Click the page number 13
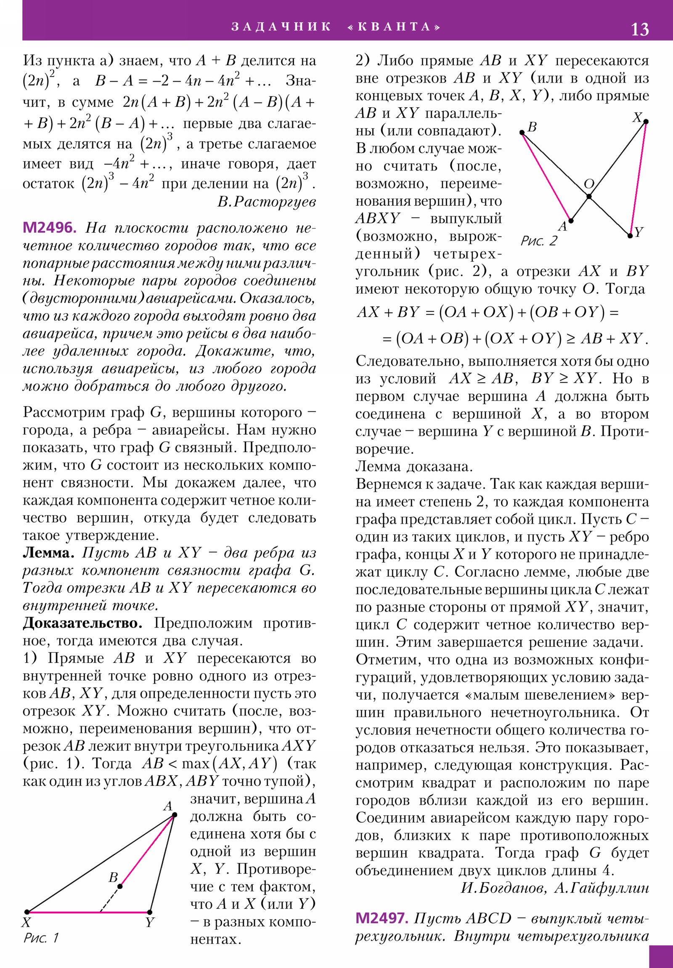tap(639, 29)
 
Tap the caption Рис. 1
tap(41, 938)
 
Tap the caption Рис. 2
tap(538, 241)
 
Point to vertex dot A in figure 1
tap(175, 815)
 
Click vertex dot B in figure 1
tap(120, 886)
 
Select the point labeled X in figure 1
tap(27, 912)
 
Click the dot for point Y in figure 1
tap(150, 912)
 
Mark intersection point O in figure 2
tap(589, 196)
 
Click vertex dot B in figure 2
tap(522, 133)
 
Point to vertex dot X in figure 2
tap(646, 122)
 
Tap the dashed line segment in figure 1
tap(110, 899)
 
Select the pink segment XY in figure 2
tap(638, 179)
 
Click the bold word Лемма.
tap(48, 553)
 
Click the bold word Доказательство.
tap(82, 623)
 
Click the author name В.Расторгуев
tap(266, 202)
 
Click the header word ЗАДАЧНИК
tap(281, 27)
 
